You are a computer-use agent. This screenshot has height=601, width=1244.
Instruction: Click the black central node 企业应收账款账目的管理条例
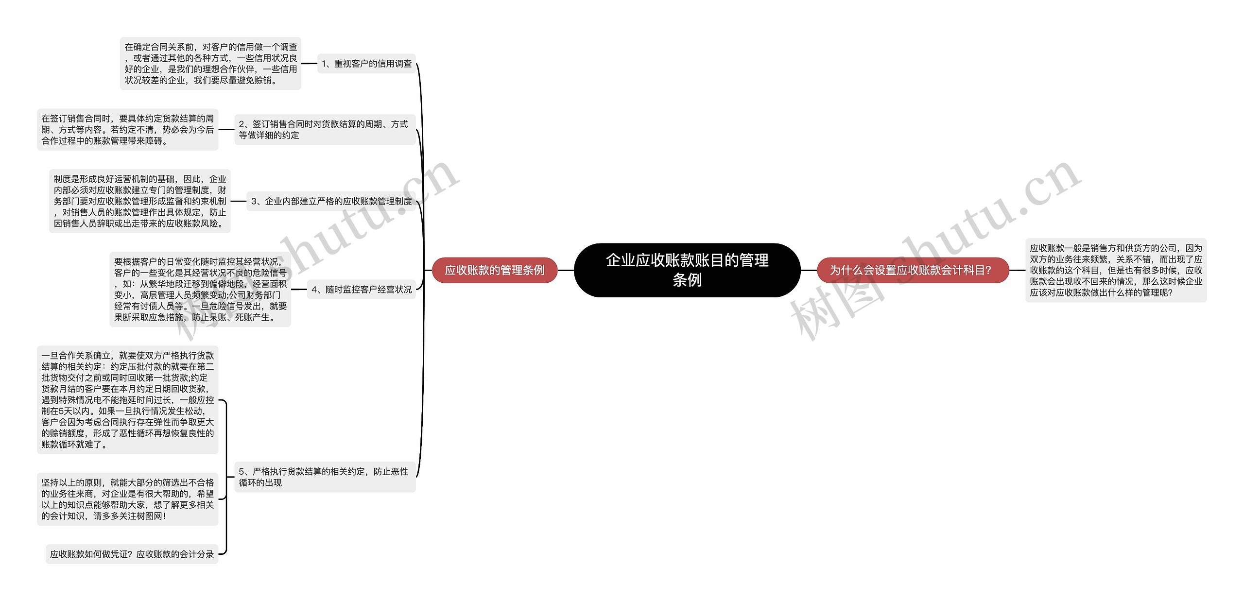click(687, 270)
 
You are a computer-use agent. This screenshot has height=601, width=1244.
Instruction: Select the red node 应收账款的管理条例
click(494, 270)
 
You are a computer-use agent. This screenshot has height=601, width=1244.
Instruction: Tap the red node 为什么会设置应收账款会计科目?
click(913, 270)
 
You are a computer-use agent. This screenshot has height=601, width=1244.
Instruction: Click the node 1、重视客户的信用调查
click(366, 64)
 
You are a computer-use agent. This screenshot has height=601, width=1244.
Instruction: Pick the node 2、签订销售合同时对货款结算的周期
click(325, 130)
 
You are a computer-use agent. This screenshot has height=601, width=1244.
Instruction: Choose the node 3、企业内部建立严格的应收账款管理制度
click(331, 201)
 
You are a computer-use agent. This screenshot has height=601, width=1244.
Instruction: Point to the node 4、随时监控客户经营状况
click(361, 290)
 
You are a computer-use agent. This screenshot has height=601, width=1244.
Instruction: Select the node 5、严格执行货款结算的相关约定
click(325, 477)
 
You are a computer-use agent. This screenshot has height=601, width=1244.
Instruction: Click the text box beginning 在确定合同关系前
click(210, 64)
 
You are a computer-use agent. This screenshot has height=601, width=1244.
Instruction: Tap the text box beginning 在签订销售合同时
click(127, 130)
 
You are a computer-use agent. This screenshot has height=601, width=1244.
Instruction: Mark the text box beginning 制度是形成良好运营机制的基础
click(139, 201)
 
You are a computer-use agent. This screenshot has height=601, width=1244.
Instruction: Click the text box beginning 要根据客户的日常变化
click(200, 290)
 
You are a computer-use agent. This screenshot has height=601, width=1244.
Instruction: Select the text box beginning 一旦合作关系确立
click(127, 400)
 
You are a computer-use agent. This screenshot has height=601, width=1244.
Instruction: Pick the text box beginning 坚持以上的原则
click(127, 499)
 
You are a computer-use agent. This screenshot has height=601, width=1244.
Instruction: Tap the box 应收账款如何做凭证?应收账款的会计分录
click(132, 554)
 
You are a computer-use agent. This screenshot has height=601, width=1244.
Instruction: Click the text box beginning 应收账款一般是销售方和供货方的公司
click(1116, 270)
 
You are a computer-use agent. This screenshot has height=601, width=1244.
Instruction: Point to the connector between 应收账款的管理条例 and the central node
click(566, 270)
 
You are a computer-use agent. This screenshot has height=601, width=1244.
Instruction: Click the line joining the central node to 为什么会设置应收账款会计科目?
click(809, 270)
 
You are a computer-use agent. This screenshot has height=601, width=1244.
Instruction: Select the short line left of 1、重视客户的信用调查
click(309, 64)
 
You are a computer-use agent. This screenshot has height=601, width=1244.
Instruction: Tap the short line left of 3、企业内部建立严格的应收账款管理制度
click(238, 201)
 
